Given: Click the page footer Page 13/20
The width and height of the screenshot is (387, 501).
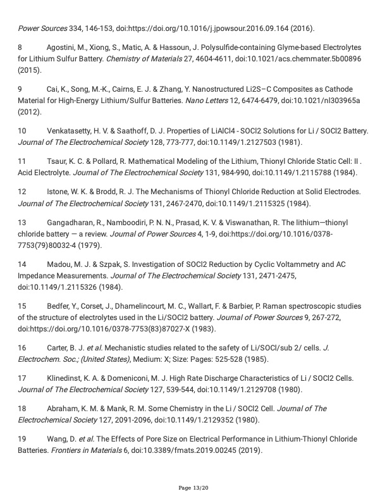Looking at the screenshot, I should (x=193, y=488).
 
